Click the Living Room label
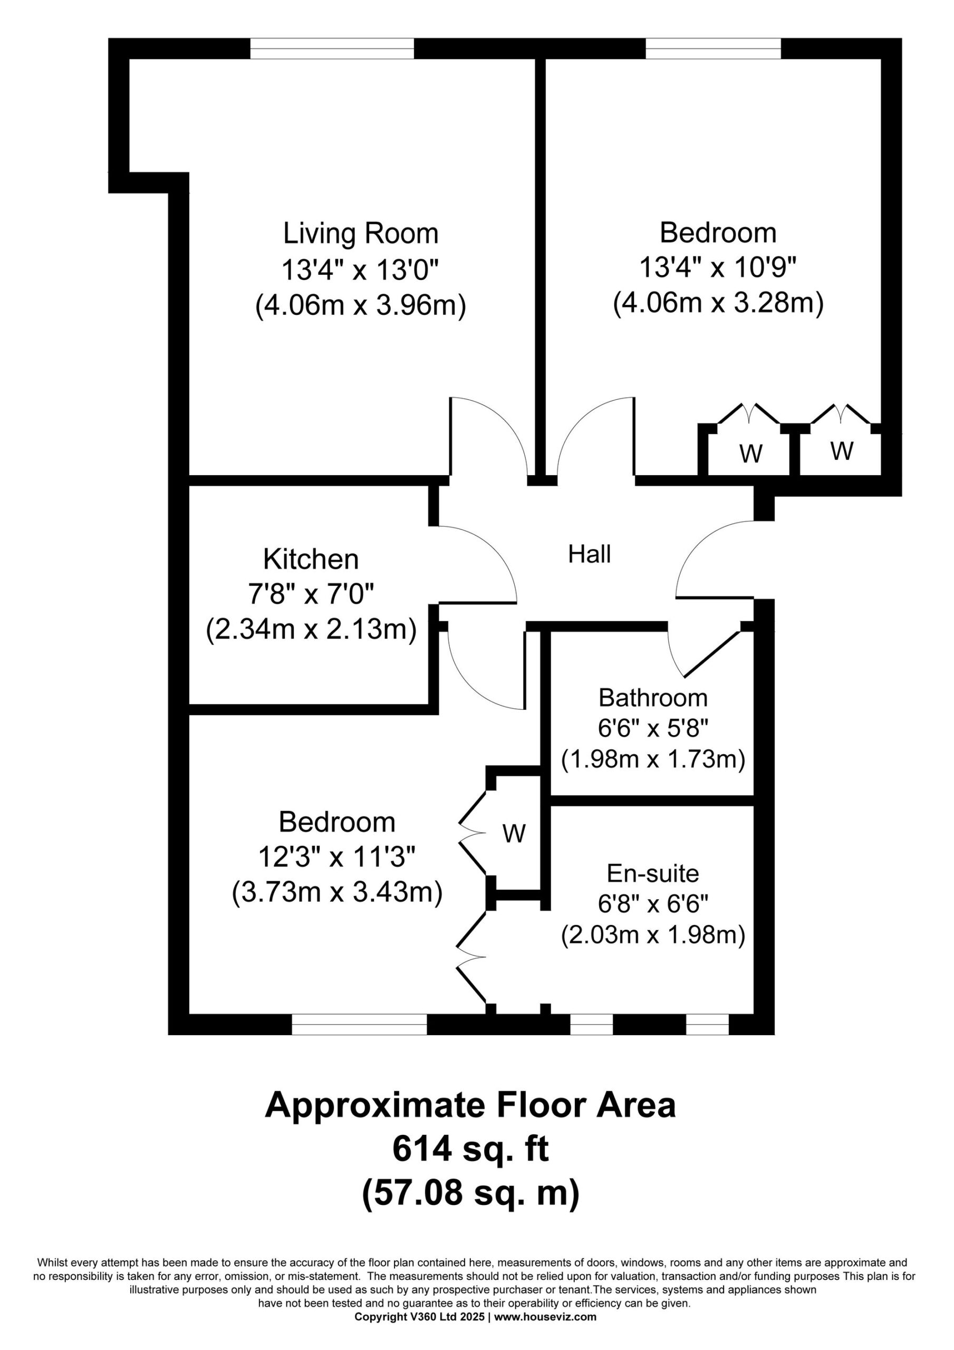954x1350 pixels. (361, 234)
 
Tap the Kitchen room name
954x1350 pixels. (311, 559)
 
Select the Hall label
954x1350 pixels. (590, 554)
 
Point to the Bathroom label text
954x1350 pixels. (653, 698)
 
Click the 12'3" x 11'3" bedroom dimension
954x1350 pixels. (337, 857)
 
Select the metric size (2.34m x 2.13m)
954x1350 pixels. (311, 630)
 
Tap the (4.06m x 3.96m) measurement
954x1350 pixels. (361, 306)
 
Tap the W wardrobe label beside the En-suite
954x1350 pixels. (514, 834)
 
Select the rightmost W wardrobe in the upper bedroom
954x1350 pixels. (842, 451)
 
